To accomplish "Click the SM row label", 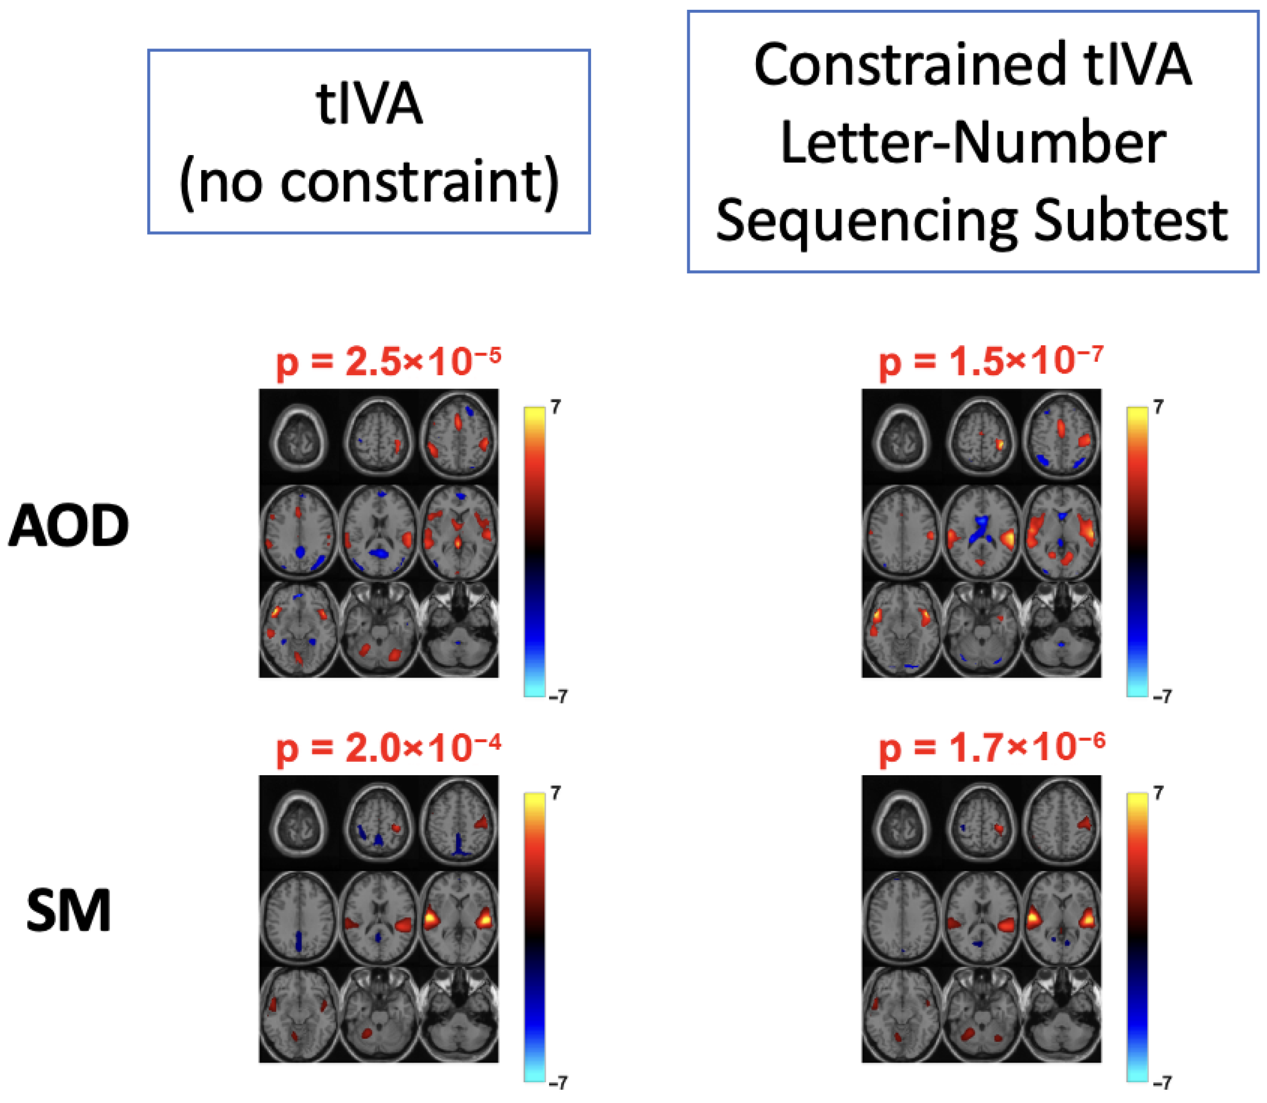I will point(69,912).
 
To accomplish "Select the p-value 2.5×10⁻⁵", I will point(388,362).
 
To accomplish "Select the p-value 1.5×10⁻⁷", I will point(990,362).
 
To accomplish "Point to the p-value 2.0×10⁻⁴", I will point(388,749).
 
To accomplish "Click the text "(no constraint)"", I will point(369,182).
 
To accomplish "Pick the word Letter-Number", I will point(973,143).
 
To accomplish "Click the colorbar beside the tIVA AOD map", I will point(534,551).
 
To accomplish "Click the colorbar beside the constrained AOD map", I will point(1137,551).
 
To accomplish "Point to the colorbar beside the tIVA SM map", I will point(534,937).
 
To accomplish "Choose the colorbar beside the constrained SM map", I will point(1137,937).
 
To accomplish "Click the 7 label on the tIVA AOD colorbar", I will point(555,407).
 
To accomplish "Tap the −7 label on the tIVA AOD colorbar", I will point(558,697).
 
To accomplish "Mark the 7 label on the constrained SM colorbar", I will point(1159,793).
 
